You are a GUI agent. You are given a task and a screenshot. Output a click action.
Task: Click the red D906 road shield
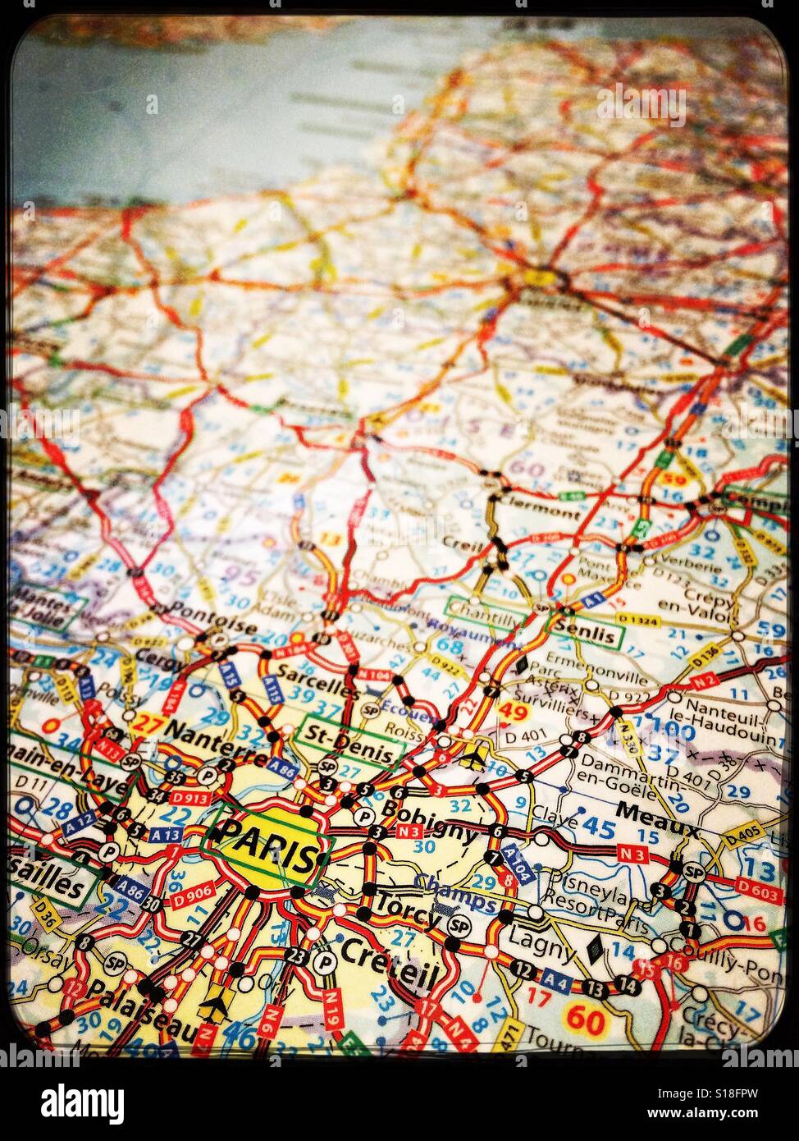(x=194, y=891)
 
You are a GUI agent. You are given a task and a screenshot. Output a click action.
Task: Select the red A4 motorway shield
(x=557, y=979)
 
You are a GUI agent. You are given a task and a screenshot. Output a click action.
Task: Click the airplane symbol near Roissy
(x=472, y=758)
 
